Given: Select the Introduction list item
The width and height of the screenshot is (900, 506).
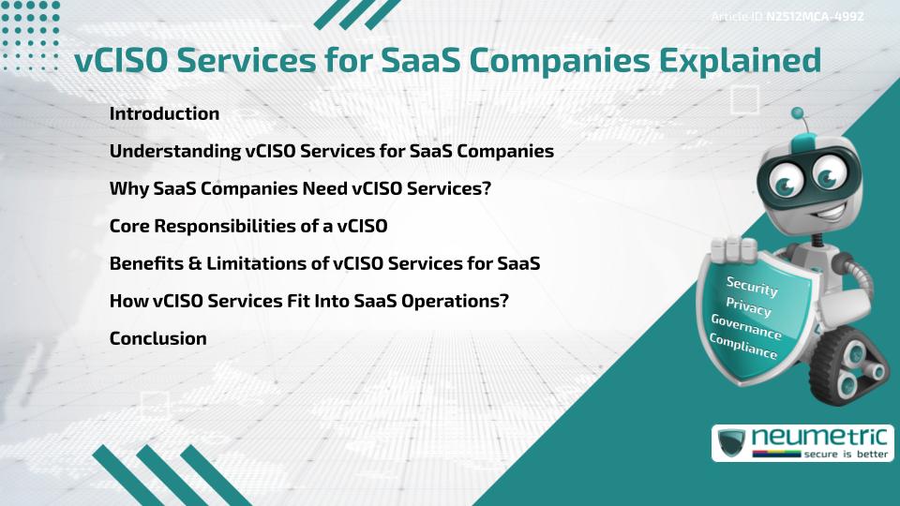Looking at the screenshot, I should tap(164, 113).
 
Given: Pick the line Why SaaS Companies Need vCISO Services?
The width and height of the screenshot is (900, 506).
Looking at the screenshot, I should tap(300, 188).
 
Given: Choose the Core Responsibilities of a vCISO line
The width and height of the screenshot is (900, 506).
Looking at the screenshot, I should tap(248, 226).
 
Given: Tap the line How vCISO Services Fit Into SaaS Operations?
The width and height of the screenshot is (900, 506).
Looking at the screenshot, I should tap(308, 301).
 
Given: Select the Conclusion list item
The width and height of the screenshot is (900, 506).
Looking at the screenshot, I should tap(157, 338).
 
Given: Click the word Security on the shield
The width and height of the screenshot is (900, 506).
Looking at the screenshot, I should tap(752, 287).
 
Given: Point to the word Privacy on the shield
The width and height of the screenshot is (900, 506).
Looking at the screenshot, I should tap(748, 307).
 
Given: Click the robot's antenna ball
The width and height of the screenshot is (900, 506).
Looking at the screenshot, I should tap(798, 114).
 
